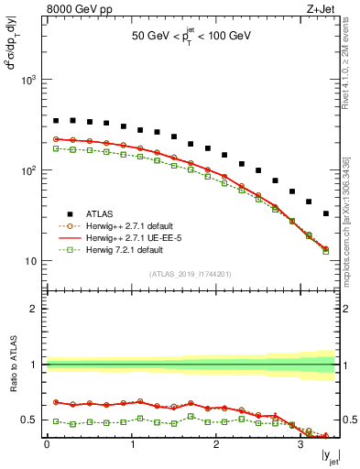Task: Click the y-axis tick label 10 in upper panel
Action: tap(29, 261)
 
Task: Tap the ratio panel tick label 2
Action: tap(35, 309)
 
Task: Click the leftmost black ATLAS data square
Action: tap(56, 120)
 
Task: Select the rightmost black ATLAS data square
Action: tap(326, 213)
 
